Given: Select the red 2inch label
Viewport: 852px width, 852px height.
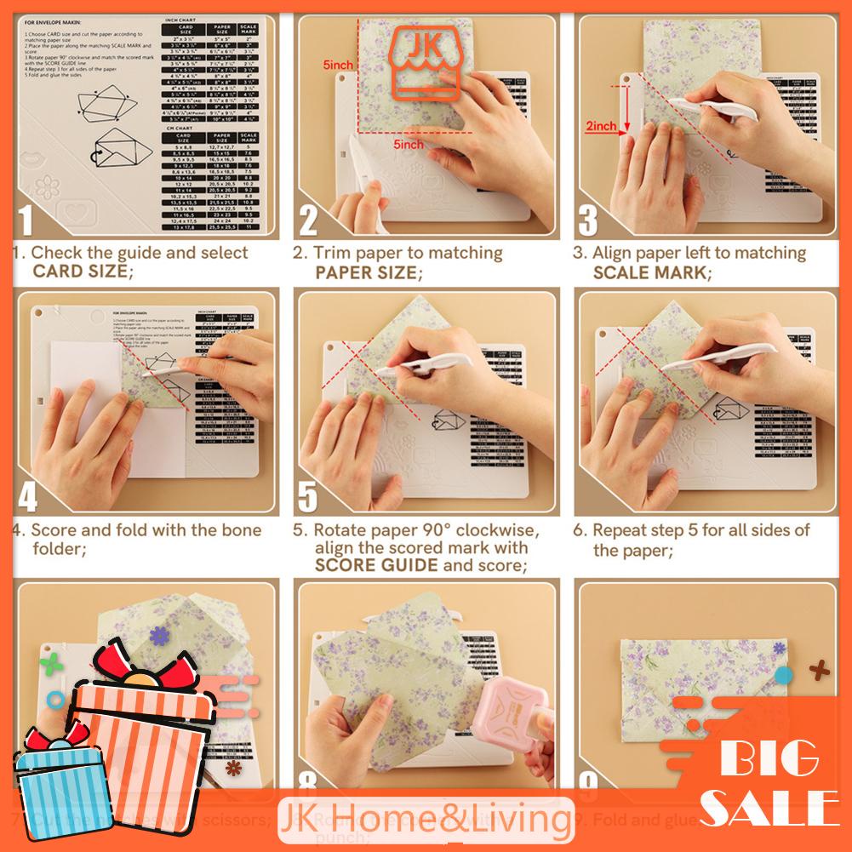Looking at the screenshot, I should [x=601, y=126].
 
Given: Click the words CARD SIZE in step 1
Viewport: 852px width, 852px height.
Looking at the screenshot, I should [x=82, y=272].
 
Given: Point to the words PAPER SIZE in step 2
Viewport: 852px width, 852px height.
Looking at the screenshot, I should [x=367, y=272].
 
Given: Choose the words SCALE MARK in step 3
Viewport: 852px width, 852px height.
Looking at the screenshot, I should [x=650, y=272].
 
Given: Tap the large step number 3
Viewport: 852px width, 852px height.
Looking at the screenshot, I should [x=588, y=219].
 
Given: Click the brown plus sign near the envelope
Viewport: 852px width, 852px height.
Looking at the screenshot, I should [x=820, y=670].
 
